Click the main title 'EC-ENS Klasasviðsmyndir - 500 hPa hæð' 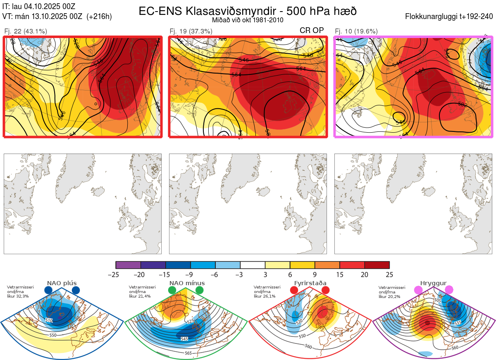pos(248,11)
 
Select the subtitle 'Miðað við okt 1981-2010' pos(247,20)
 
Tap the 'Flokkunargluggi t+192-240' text pos(450,17)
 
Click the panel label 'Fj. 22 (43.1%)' pos(26,31)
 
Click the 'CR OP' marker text pos(312,30)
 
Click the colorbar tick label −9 pos(190,274)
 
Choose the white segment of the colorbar pos(253,265)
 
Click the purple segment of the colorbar pos(128,265)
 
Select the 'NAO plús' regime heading pos(62,283)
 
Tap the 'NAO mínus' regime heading pos(187,283)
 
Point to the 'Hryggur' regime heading pos(433,283)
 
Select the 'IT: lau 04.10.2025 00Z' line pos(39,6)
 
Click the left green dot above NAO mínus pos(172,291)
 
